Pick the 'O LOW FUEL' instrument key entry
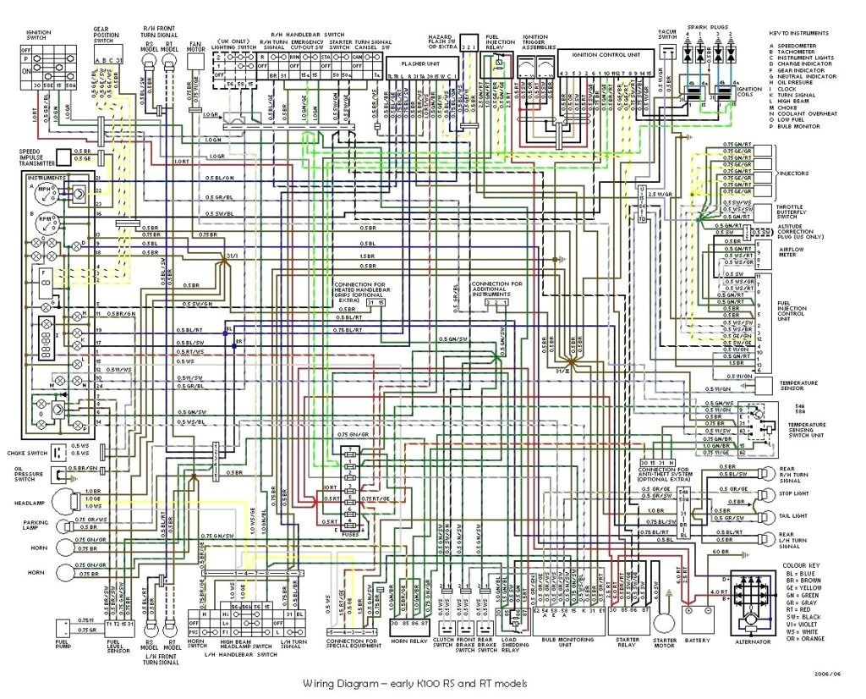coord(791,119)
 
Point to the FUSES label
coord(351,534)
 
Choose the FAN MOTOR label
coord(195,47)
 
